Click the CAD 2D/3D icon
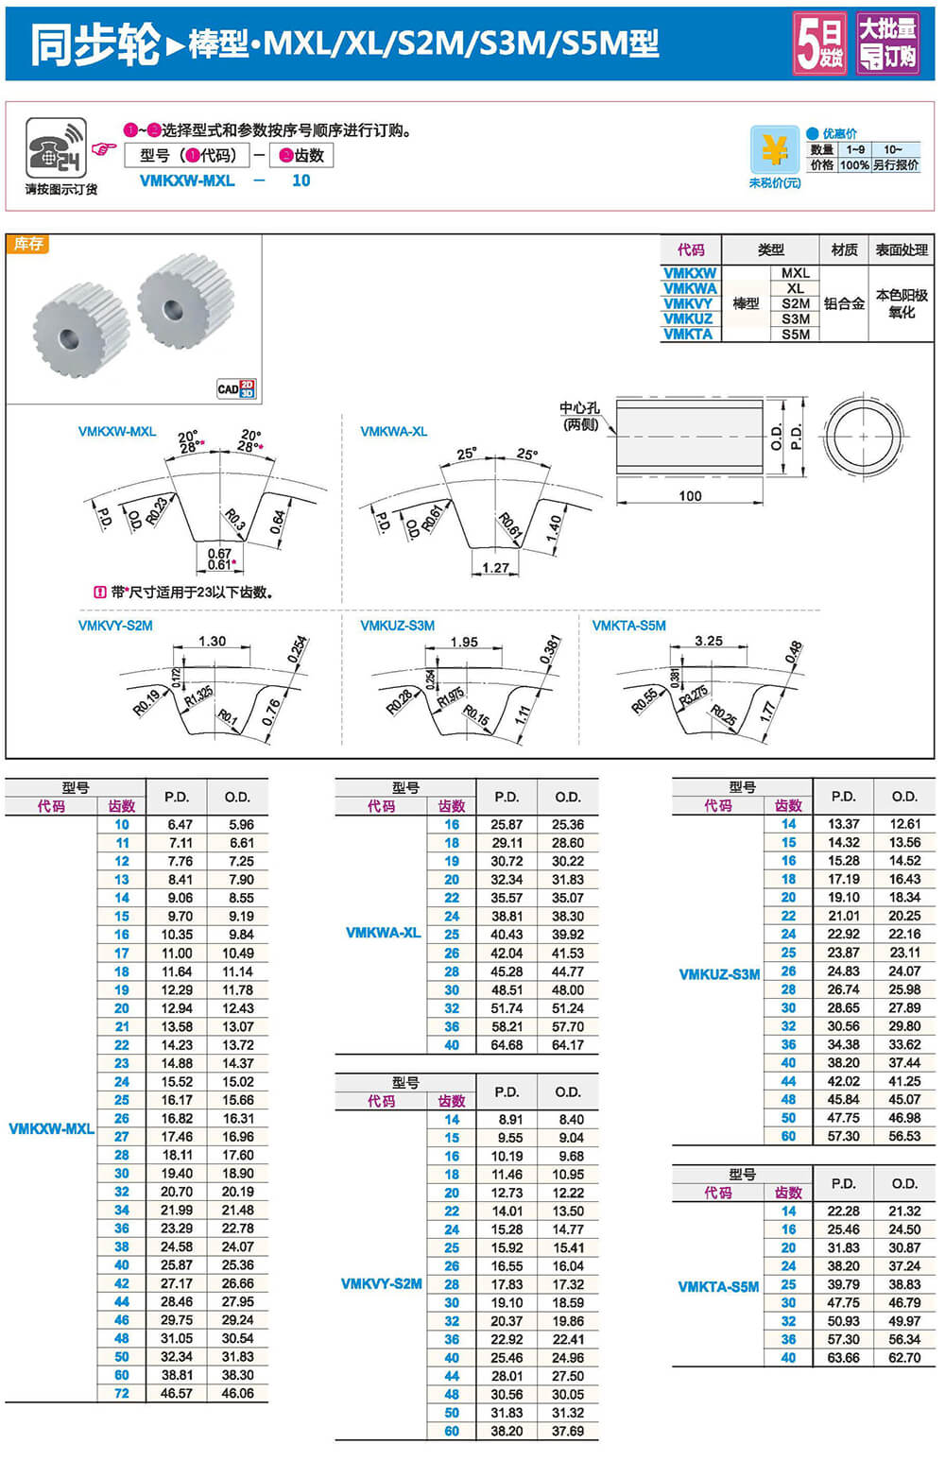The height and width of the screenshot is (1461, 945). (x=236, y=388)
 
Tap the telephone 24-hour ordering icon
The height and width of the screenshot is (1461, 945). (x=56, y=147)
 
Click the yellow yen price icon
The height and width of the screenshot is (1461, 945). (x=774, y=150)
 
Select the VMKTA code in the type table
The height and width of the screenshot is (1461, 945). (x=689, y=335)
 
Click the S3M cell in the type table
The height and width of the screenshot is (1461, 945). (x=795, y=319)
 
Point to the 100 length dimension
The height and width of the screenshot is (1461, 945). (x=690, y=495)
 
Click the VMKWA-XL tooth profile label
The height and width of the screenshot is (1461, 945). (x=393, y=431)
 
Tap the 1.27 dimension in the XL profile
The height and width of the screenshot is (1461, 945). (x=495, y=567)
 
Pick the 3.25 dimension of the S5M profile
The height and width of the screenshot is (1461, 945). (x=708, y=641)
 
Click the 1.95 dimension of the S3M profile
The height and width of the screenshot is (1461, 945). (x=464, y=642)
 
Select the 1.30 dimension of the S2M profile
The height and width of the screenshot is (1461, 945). (x=212, y=641)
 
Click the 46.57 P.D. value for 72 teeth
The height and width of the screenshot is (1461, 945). (x=177, y=1393)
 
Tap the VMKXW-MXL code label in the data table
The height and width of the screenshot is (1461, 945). (x=51, y=1128)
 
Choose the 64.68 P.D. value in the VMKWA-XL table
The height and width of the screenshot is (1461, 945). (x=507, y=1045)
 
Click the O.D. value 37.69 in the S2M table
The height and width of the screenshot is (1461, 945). (x=568, y=1431)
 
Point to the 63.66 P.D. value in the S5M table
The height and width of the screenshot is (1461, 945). (x=843, y=1358)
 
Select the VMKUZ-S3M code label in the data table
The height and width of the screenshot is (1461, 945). (x=719, y=974)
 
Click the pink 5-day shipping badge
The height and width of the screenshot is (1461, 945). (x=818, y=43)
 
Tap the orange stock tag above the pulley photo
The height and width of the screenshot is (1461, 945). (x=28, y=244)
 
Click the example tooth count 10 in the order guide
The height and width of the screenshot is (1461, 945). (x=301, y=180)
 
